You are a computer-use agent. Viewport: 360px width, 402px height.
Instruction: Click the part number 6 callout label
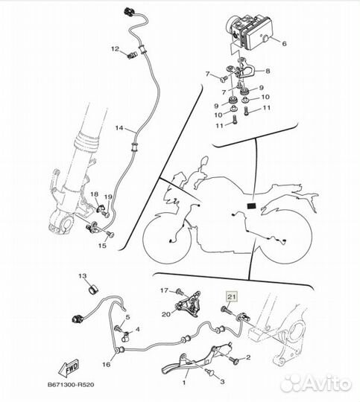(284, 44)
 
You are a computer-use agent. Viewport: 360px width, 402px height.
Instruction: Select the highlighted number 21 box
(232, 297)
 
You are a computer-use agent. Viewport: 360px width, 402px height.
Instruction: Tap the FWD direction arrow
(69, 368)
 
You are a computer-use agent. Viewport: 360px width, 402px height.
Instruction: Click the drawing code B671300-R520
(71, 385)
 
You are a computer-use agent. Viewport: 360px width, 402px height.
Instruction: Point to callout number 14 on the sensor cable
(119, 128)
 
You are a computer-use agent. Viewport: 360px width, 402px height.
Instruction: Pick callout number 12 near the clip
(116, 48)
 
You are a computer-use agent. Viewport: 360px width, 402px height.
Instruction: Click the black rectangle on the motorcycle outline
(251, 205)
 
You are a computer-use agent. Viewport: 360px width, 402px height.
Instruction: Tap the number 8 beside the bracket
(268, 71)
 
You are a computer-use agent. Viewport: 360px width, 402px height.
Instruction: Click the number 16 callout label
(107, 364)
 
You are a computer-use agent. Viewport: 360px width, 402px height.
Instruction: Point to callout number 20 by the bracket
(166, 314)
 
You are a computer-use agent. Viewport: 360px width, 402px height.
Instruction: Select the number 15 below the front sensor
(102, 246)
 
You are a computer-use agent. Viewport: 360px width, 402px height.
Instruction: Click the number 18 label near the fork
(94, 194)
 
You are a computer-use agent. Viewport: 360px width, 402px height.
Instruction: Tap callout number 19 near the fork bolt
(108, 197)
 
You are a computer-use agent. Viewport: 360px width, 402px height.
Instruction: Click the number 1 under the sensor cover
(184, 383)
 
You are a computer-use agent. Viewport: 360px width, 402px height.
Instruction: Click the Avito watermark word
(326, 383)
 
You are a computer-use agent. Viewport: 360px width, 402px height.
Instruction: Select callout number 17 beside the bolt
(164, 290)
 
